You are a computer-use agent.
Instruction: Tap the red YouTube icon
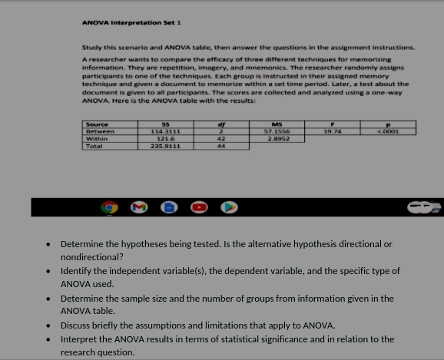click(x=202, y=207)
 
